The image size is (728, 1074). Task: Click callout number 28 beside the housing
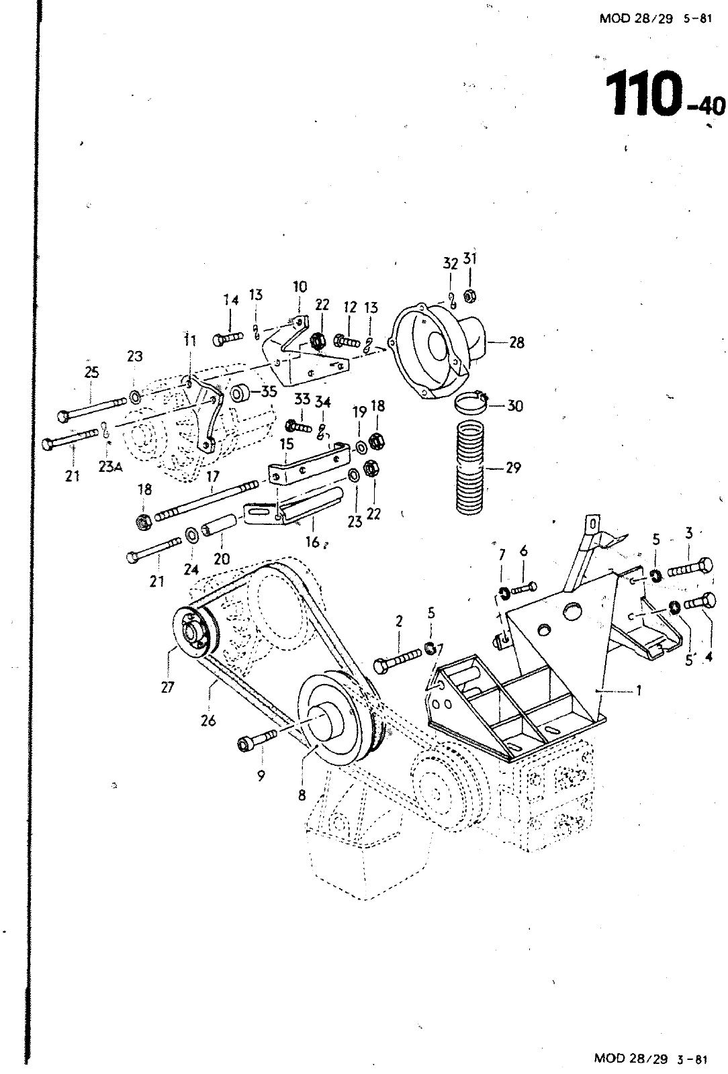pos(516,342)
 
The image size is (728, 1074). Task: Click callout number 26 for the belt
pos(208,720)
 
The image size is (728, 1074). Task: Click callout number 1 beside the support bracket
pos(639,690)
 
